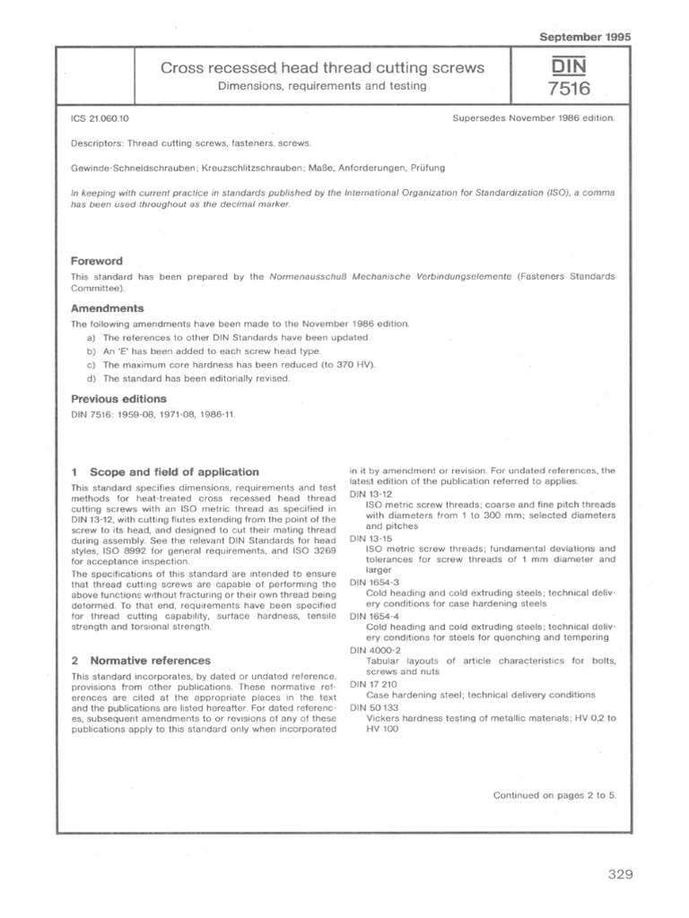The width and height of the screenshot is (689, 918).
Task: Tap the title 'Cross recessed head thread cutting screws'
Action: pyautogui.click(x=321, y=68)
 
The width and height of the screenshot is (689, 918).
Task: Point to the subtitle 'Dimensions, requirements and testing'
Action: pyautogui.click(x=321, y=86)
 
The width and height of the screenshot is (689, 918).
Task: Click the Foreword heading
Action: pyautogui.click(x=97, y=261)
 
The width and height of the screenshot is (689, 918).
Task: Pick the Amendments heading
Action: pyautogui.click(x=108, y=307)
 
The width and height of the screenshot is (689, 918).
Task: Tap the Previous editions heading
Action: pyautogui.click(x=118, y=399)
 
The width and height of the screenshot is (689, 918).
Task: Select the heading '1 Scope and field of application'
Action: pyautogui.click(x=165, y=472)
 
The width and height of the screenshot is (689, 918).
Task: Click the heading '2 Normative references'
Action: pyautogui.click(x=140, y=661)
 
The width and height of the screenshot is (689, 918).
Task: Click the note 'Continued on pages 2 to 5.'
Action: pyautogui.click(x=554, y=795)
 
